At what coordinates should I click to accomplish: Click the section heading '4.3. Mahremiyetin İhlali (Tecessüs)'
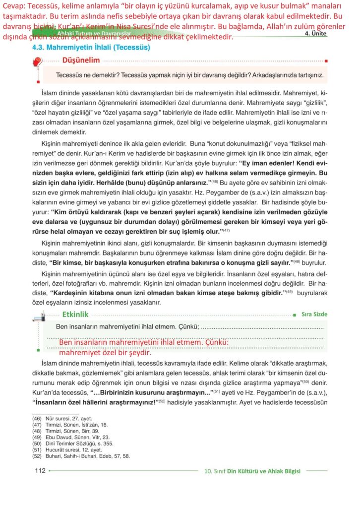click(91, 49)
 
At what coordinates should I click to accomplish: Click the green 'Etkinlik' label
click(75, 314)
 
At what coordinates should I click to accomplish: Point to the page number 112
click(40, 471)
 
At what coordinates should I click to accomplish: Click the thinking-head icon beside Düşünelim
click(37, 63)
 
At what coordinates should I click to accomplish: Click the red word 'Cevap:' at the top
click(13, 6)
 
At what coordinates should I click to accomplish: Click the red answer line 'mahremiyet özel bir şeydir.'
click(104, 353)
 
